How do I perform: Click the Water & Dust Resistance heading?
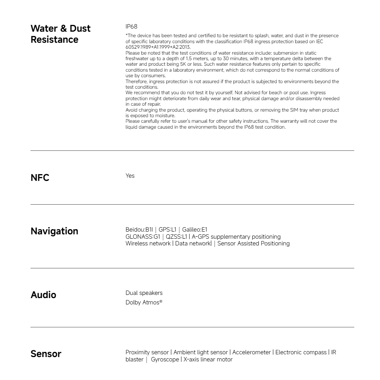[x=61, y=34]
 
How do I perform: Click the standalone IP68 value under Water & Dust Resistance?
[x=131, y=27]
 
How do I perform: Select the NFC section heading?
[x=40, y=178]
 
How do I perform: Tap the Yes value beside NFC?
[x=130, y=176]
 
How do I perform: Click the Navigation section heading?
[x=54, y=231]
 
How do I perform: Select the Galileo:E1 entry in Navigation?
[x=194, y=230]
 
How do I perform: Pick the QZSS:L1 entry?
[x=177, y=237]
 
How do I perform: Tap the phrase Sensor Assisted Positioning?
[x=253, y=243]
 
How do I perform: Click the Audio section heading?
[x=43, y=295]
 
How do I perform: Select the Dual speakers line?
[x=144, y=293]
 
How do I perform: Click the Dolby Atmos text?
[x=144, y=303]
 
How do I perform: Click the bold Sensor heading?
[x=46, y=354]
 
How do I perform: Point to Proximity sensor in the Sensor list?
[x=147, y=352]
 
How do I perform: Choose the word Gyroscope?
[x=165, y=359]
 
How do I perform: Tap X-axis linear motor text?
[x=208, y=359]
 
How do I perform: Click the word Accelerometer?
[x=252, y=352]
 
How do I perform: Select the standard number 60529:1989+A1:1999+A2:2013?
[x=158, y=47]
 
